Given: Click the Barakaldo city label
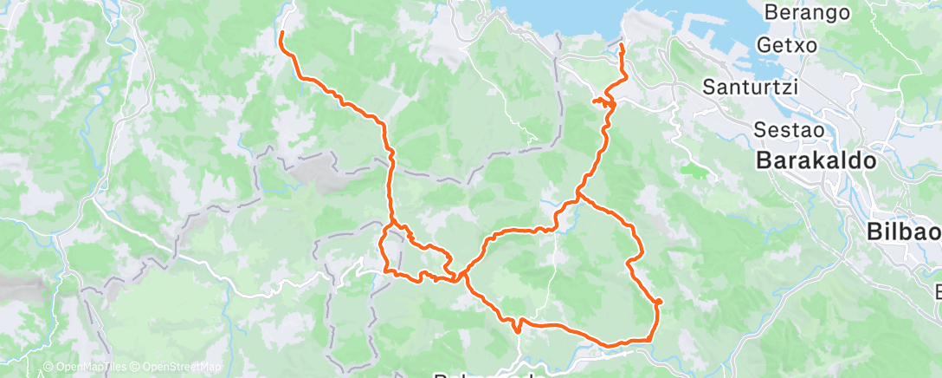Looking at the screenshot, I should click(x=816, y=161).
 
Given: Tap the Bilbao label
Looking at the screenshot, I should click(x=903, y=231).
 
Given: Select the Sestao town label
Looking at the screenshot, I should click(x=784, y=128).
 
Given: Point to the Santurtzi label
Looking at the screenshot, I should click(x=750, y=87).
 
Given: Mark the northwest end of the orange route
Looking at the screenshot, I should click(x=281, y=34).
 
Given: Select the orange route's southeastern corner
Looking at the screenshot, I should click(x=650, y=339).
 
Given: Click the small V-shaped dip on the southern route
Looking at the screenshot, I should click(x=517, y=328).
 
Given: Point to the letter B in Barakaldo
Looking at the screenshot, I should click(x=764, y=161).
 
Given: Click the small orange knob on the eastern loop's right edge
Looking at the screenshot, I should click(x=659, y=301).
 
